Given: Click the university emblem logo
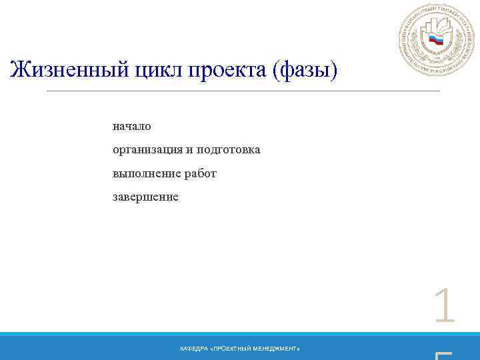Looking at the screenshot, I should (437, 41).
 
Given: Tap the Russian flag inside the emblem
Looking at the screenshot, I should (436, 41).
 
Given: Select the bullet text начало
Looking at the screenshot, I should (132, 126).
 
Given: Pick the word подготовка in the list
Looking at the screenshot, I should (228, 150).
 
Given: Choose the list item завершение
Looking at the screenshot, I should (145, 197).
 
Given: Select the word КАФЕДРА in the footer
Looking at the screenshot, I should (193, 349).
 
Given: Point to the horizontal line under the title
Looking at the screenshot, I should (243, 91).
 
